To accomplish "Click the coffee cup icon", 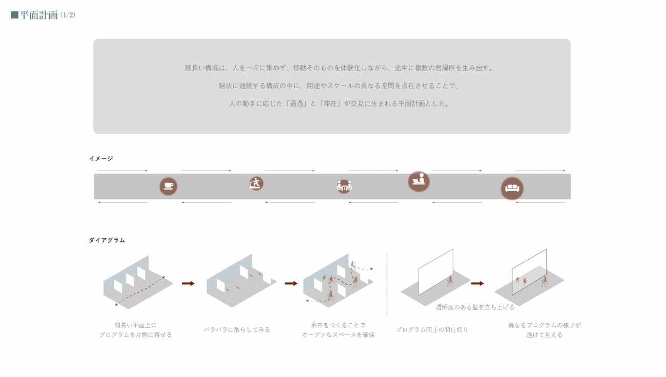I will pyautogui.click(x=168, y=186).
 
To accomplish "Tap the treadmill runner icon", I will pyautogui.click(x=256, y=183).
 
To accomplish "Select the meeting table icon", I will pyautogui.click(x=344, y=186).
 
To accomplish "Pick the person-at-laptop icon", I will pyautogui.click(x=419, y=181).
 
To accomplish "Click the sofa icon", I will pyautogui.click(x=512, y=188).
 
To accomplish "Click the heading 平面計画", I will pyautogui.click(x=39, y=15).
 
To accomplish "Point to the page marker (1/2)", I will pyautogui.click(x=68, y=15).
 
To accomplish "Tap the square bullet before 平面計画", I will pyautogui.click(x=14, y=15).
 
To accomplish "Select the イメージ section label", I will pyautogui.click(x=101, y=159).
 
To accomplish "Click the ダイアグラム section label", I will pyautogui.click(x=107, y=240).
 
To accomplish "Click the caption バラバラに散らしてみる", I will pyautogui.click(x=237, y=330).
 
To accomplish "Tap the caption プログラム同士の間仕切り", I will pyautogui.click(x=432, y=330).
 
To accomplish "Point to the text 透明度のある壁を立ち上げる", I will pyautogui.click(x=475, y=307).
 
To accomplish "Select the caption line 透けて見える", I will pyautogui.click(x=544, y=335).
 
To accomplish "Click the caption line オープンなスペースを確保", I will pyautogui.click(x=338, y=335).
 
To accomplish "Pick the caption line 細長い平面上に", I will pyautogui.click(x=135, y=325).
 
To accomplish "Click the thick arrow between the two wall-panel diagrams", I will pyautogui.click(x=477, y=283).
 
